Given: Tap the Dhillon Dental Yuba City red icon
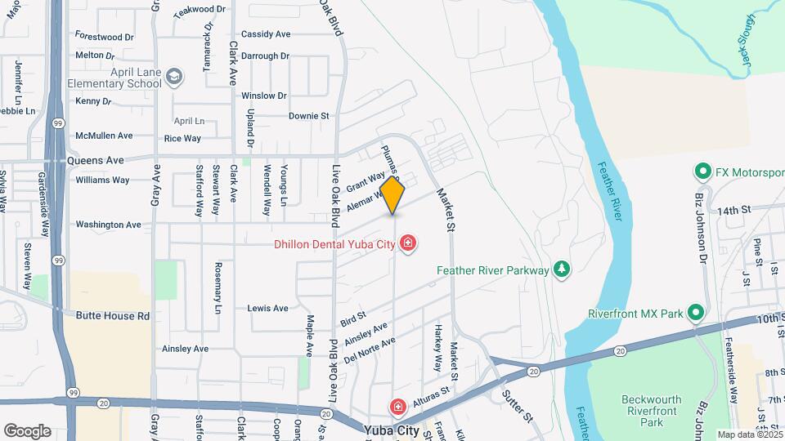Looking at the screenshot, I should point(407,243).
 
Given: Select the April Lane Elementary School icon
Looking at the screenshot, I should point(173,77).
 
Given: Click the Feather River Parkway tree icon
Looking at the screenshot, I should point(561,269).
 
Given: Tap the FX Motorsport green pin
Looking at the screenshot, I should point(702,173).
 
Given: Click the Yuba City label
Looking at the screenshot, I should point(397,430).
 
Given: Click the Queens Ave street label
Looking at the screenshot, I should point(95,161).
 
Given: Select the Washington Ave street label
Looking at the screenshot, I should point(108,225).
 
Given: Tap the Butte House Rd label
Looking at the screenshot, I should point(113,316).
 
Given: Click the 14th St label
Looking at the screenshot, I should point(733,211).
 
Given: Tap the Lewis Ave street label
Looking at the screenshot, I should point(267,309).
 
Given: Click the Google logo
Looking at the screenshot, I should point(27,430).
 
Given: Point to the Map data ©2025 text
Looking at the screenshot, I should point(748,434).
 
